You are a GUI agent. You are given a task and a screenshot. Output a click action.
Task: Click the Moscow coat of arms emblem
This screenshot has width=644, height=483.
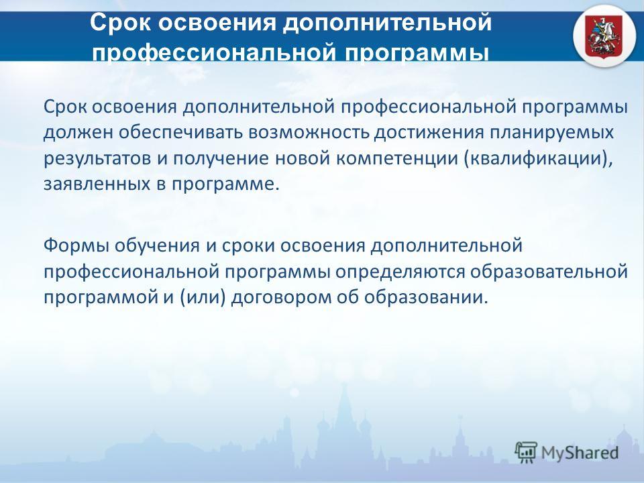click(x=604, y=36)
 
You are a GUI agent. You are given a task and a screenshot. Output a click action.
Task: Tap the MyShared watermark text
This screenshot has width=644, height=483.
click(x=580, y=453)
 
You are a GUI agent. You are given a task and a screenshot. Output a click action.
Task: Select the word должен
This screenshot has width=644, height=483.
click(x=78, y=133)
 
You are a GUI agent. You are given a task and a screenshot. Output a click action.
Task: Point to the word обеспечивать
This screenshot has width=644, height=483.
click(x=180, y=133)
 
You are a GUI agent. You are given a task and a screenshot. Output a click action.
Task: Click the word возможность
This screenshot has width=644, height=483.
click(x=309, y=133)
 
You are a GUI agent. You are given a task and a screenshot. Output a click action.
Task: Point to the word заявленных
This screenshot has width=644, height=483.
click(x=97, y=184)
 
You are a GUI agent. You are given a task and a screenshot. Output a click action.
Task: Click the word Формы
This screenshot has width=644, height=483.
click(x=76, y=246)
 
